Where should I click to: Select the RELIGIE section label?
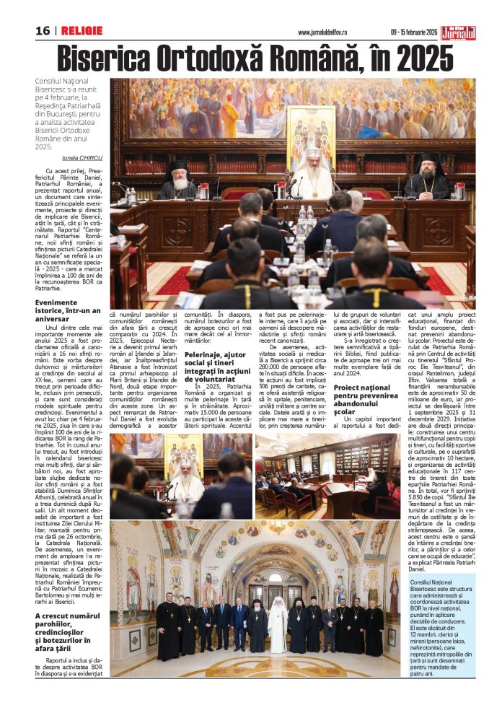(x=82, y=31)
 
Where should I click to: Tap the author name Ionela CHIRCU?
(x=82, y=158)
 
